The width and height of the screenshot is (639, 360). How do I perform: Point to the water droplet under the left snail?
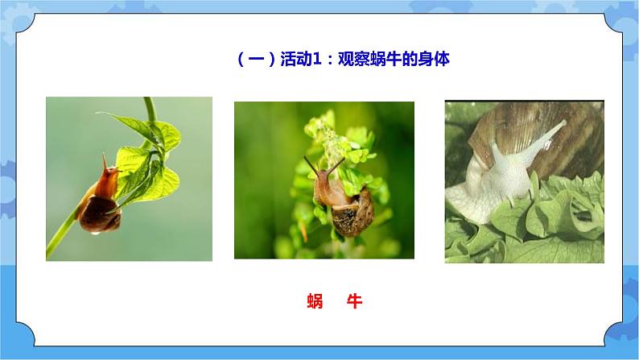click(96, 233)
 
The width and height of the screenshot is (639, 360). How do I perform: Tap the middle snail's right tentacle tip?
click(343, 160)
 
